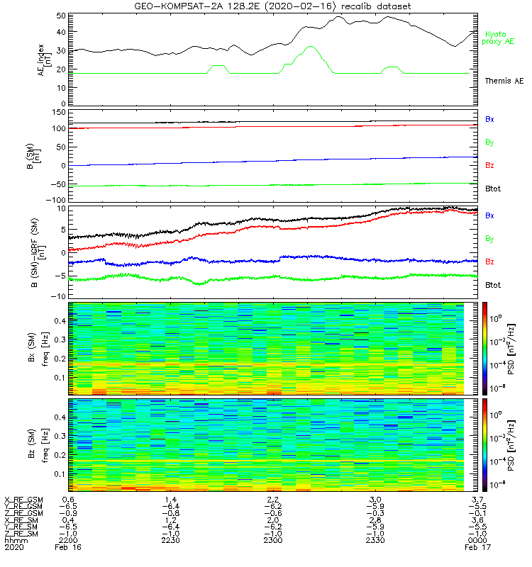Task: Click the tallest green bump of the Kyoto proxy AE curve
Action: (311, 47)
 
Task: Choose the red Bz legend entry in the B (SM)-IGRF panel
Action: (489, 262)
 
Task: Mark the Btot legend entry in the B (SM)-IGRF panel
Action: (493, 285)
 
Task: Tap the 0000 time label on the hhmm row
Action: (470, 540)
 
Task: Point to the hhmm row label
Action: (13, 540)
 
